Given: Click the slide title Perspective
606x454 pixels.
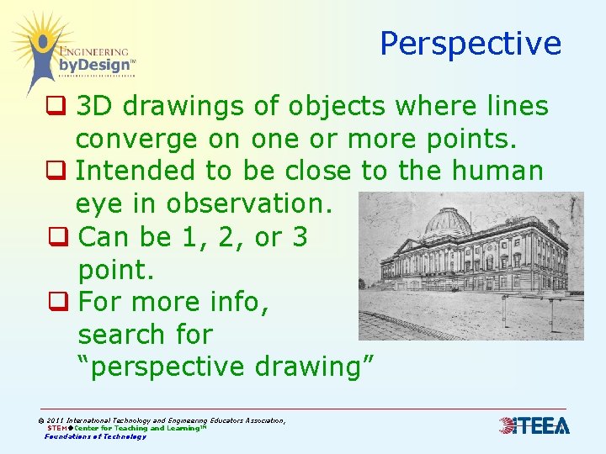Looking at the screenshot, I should (x=470, y=43).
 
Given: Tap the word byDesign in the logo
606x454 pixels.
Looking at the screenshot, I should (x=93, y=65).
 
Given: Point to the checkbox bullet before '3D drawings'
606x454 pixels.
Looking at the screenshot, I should (x=56, y=107).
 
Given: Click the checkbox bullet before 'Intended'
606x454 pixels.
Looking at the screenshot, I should (x=56, y=172).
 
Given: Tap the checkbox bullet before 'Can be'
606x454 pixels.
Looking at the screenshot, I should (x=57, y=237).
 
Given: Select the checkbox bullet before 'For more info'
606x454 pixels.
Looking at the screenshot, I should (x=57, y=302).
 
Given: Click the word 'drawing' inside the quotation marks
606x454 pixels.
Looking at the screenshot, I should (x=311, y=367).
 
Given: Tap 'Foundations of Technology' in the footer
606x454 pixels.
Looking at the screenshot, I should (x=95, y=436).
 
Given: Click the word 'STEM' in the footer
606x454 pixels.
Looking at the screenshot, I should (x=58, y=428).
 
